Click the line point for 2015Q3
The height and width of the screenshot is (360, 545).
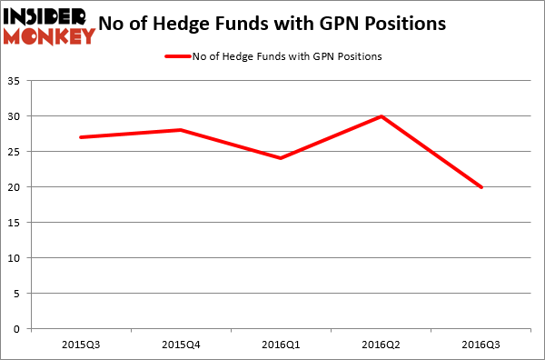pyautogui.click(x=81, y=137)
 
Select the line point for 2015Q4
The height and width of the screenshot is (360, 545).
pyautogui.click(x=181, y=130)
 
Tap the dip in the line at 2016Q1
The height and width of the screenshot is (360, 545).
pyautogui.click(x=281, y=158)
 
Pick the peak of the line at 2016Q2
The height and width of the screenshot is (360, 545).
pyautogui.click(x=381, y=115)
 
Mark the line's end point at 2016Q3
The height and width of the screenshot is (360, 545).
pyautogui.click(x=481, y=187)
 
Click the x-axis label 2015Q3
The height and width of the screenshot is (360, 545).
pyautogui.click(x=81, y=345)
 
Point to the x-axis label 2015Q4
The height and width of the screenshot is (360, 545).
pyautogui.click(x=181, y=345)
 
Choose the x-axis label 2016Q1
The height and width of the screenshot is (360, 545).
pyautogui.click(x=281, y=345)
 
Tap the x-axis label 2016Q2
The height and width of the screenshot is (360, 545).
pyautogui.click(x=381, y=345)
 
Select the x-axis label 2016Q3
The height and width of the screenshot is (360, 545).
pyautogui.click(x=481, y=345)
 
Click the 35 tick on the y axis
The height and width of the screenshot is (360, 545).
pyautogui.click(x=17, y=81)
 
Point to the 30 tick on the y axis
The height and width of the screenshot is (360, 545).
pyautogui.click(x=17, y=116)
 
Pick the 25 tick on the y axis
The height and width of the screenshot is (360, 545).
pyautogui.click(x=17, y=152)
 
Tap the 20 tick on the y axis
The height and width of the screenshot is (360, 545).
pyautogui.click(x=17, y=187)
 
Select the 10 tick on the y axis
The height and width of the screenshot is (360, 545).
pyautogui.click(x=17, y=258)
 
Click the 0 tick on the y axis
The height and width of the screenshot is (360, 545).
pyautogui.click(x=20, y=329)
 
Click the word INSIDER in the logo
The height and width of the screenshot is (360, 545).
pyautogui.click(x=45, y=16)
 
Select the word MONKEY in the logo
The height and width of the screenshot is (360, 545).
pyautogui.click(x=49, y=36)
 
